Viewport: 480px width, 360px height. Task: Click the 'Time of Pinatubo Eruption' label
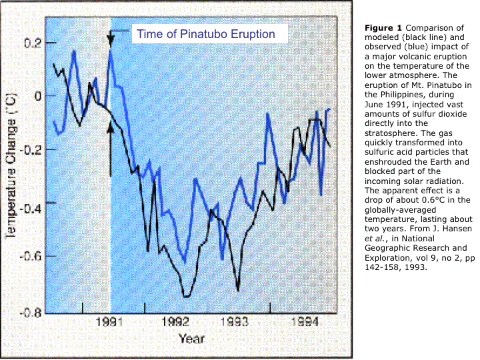point(205,34)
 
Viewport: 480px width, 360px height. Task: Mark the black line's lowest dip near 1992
point(187,296)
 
